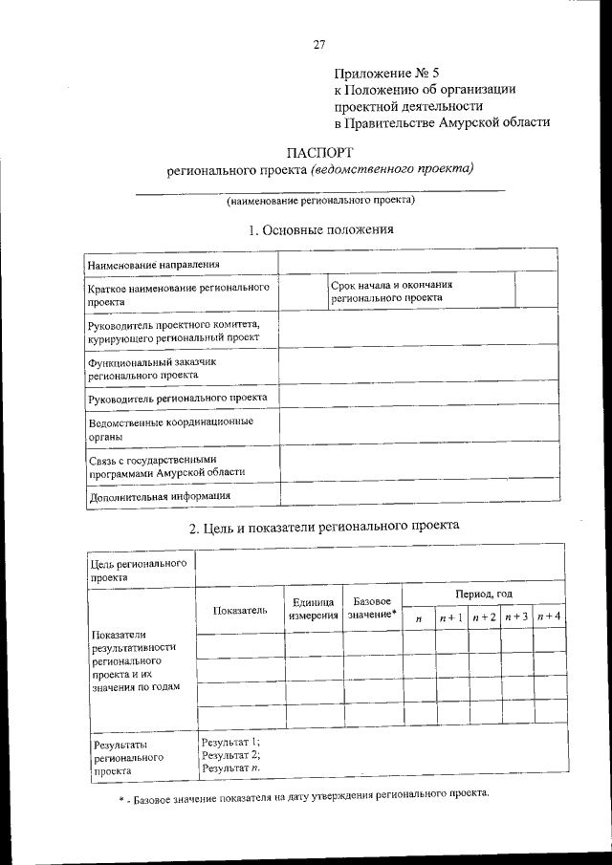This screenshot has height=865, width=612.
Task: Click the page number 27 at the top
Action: point(320,44)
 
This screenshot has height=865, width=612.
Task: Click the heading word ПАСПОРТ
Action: point(319,151)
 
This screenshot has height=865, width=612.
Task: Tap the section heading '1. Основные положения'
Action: point(320,229)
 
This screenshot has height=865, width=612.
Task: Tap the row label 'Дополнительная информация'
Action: point(159,496)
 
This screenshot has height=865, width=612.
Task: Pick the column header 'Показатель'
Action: point(240,609)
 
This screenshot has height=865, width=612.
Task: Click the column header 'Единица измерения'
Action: point(314,609)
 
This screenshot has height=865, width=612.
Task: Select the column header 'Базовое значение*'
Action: point(372,608)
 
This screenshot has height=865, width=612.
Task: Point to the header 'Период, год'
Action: point(484,594)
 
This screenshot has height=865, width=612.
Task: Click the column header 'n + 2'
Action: point(484,617)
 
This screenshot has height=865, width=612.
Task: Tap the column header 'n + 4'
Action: point(549,617)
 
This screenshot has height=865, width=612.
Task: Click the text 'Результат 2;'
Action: point(230,755)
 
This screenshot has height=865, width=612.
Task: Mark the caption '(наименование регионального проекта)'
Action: point(319,201)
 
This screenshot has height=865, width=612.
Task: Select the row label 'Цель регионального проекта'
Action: point(138,571)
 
